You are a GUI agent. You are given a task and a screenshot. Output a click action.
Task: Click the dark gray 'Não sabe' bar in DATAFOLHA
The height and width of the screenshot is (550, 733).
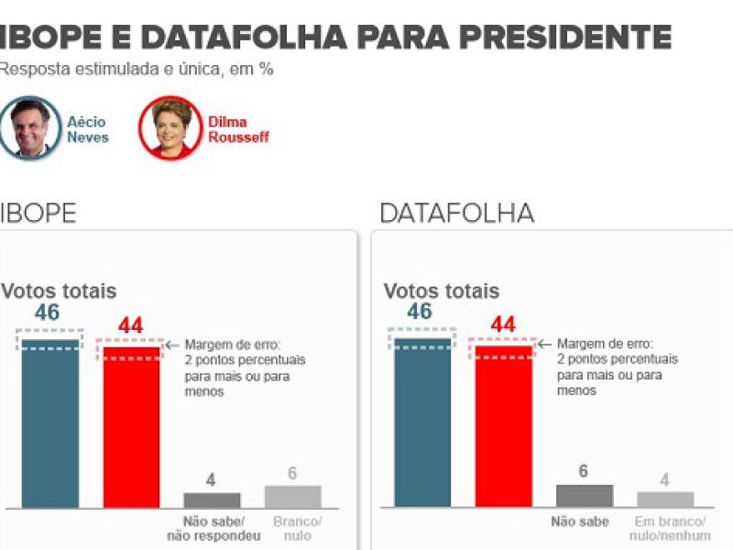(585, 495)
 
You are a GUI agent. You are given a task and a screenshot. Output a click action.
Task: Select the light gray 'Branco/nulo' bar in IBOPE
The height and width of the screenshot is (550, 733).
(292, 496)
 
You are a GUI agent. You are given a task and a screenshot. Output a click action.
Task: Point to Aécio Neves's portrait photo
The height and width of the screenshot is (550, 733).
(30, 129)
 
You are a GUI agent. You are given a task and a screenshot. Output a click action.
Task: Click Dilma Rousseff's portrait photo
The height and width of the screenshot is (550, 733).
(170, 128)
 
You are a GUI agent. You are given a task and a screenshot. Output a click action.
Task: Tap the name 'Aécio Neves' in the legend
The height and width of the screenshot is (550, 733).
(88, 129)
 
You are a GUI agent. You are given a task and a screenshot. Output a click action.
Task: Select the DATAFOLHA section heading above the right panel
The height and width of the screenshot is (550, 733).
(456, 214)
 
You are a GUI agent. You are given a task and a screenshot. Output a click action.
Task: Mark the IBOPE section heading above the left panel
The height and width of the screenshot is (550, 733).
(38, 214)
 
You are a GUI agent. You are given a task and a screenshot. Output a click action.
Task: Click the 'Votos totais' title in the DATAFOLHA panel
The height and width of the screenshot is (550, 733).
(441, 291)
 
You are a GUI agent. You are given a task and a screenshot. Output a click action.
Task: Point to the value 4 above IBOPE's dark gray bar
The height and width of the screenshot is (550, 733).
(211, 479)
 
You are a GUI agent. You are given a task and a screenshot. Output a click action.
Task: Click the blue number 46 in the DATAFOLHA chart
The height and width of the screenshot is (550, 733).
(420, 312)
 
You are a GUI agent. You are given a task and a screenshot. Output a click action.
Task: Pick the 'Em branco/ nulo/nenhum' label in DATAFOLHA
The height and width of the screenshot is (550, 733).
(666, 529)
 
